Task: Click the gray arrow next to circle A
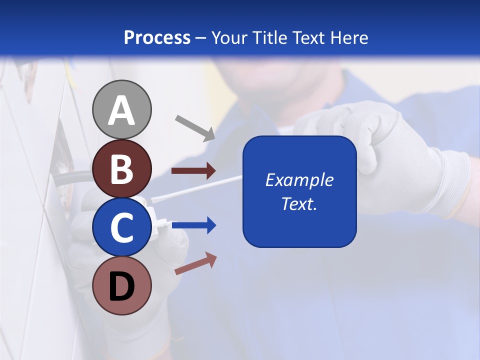tap(195, 127)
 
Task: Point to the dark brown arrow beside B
tap(193, 171)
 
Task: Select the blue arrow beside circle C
tap(194, 225)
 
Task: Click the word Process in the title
tap(157, 37)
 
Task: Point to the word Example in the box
tap(299, 180)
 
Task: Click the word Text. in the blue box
tap(299, 203)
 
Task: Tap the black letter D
tap(121, 287)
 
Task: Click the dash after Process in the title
tap(201, 38)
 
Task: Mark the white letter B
tap(121, 168)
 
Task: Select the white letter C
tap(121, 227)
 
